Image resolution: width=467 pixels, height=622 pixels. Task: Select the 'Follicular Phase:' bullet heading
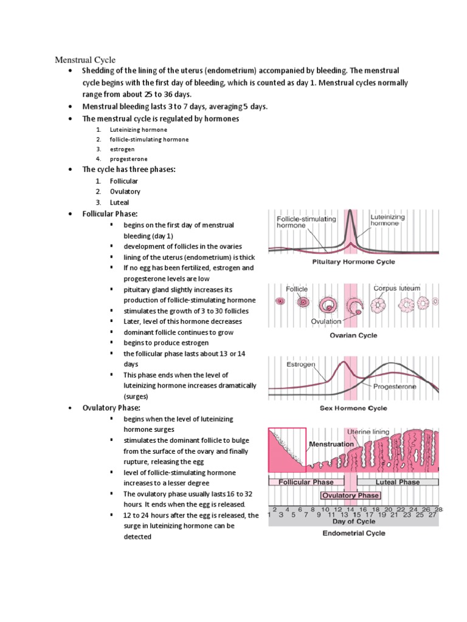(110, 214)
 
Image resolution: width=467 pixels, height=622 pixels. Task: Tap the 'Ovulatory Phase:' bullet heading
(111, 408)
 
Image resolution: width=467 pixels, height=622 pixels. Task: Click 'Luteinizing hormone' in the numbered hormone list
(138, 129)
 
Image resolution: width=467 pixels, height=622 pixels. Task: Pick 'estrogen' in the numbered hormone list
(122, 149)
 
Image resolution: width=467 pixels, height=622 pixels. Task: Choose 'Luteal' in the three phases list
(119, 202)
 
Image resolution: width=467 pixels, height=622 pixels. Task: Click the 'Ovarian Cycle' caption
(353, 335)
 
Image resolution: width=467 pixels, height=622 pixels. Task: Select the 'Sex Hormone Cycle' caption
(353, 408)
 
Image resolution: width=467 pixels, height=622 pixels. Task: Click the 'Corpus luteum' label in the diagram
(396, 288)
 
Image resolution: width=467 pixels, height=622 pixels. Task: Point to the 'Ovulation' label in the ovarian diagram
(326, 321)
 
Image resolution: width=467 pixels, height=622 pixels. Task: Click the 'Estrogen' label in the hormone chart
(300, 365)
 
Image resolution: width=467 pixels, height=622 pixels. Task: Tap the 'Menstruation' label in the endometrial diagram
(331, 444)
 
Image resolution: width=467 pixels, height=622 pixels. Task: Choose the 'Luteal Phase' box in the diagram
(397, 482)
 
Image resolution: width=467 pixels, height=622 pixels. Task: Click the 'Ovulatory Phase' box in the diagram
(350, 495)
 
